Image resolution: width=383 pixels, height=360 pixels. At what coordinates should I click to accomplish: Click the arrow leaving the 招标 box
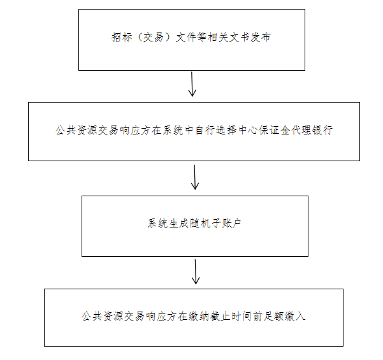pyautogui.click(x=192, y=84)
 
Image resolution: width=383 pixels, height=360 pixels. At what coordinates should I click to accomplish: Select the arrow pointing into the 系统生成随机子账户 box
pyautogui.click(x=194, y=177)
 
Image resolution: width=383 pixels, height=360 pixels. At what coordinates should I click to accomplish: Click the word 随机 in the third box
pyautogui.click(x=200, y=223)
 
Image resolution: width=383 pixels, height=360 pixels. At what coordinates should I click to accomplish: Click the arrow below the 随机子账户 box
pyautogui.click(x=196, y=272)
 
